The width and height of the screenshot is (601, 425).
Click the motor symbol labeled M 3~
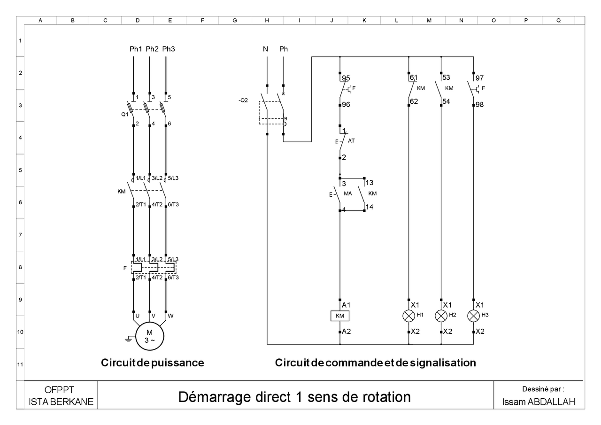[149, 337]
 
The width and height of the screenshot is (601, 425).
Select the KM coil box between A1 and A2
[339, 316]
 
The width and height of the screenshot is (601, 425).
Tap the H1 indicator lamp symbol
[408, 316]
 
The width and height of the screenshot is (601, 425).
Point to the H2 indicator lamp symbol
[441, 316]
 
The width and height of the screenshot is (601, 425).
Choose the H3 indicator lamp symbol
[473, 316]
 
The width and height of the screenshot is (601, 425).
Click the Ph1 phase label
[136, 49]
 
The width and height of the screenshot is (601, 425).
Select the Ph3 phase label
[169, 49]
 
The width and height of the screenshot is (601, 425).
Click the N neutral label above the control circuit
[265, 49]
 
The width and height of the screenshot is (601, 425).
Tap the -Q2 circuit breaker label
[243, 100]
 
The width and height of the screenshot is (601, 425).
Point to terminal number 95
[346, 78]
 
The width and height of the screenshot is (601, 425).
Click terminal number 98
[479, 105]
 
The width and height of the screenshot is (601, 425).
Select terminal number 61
[414, 77]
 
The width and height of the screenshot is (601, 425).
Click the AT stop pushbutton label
[351, 140]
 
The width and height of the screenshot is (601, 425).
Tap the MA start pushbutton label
[348, 193]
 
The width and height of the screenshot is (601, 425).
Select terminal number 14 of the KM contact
[370, 206]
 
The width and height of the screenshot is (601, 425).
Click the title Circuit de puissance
[152, 363]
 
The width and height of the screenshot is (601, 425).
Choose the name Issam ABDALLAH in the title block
[538, 402]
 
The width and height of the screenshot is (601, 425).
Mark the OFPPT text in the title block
[60, 390]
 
